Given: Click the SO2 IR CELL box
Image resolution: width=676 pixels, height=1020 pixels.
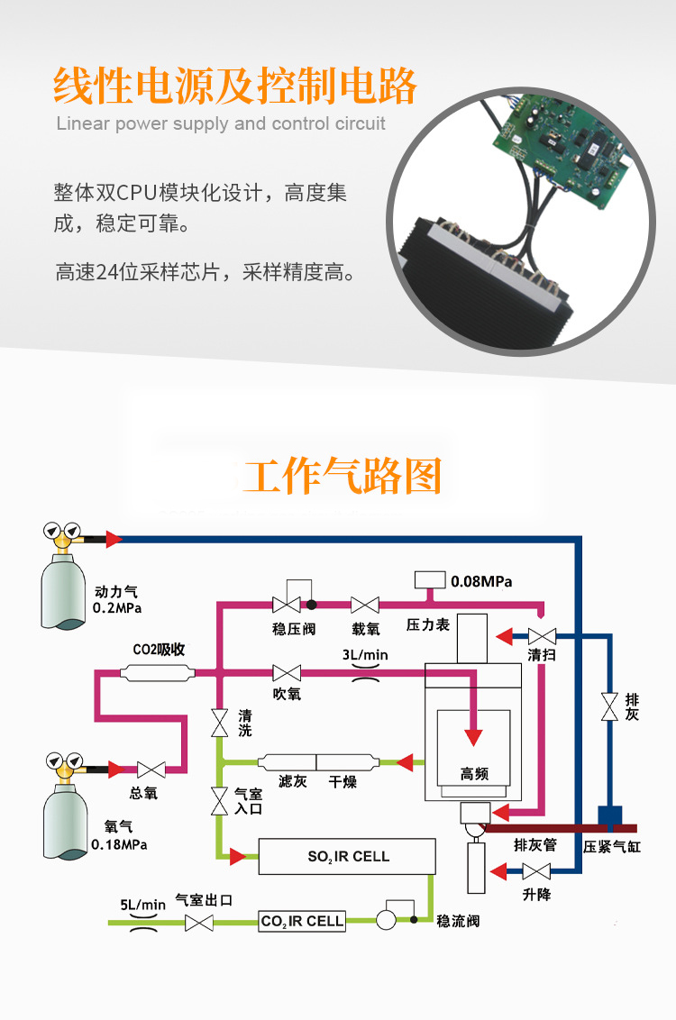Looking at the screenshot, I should (347, 856).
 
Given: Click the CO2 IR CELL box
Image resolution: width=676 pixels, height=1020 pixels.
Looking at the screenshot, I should (302, 921).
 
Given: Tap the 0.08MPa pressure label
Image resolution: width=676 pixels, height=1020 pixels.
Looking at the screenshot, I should (481, 581).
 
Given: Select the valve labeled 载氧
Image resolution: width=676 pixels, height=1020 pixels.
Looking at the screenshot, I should (365, 605).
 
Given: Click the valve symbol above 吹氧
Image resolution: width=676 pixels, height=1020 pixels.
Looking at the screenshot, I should (287, 672).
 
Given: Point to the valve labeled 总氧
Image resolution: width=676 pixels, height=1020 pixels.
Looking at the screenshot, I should (151, 770).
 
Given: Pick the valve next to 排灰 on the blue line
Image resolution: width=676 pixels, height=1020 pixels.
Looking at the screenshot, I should (609, 706).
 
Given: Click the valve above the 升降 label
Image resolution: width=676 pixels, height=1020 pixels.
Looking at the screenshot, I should (536, 871).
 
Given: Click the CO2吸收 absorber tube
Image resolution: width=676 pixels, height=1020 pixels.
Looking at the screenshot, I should (158, 672).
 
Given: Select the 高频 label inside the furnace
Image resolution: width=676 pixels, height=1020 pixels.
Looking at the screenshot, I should (474, 773).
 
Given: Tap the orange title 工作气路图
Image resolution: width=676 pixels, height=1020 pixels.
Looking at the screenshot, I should (343, 476).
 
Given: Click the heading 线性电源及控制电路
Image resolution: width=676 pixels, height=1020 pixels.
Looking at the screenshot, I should (236, 87).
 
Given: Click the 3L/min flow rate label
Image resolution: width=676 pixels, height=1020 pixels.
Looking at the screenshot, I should (365, 655).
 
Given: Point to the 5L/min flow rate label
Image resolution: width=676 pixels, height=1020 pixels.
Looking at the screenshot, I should (143, 905).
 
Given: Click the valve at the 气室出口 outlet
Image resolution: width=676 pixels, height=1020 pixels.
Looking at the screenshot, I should (198, 923).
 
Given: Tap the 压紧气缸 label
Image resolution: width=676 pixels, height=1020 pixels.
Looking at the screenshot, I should (612, 847).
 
